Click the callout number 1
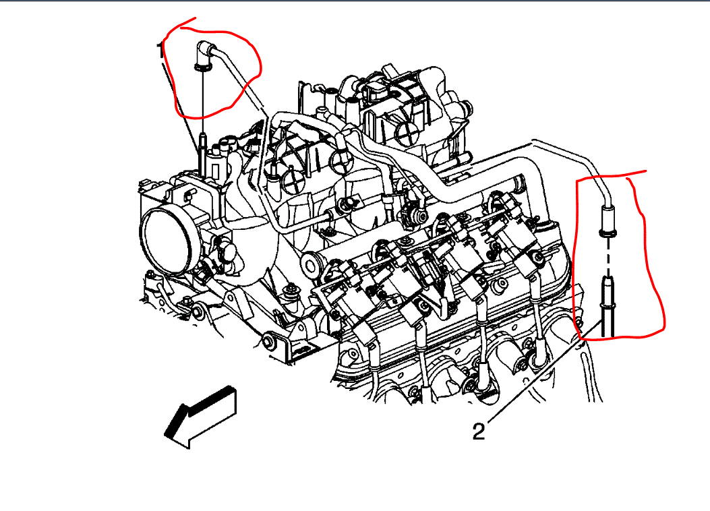[160, 51]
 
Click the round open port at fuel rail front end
[311, 264]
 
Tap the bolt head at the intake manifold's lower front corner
[269, 340]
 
